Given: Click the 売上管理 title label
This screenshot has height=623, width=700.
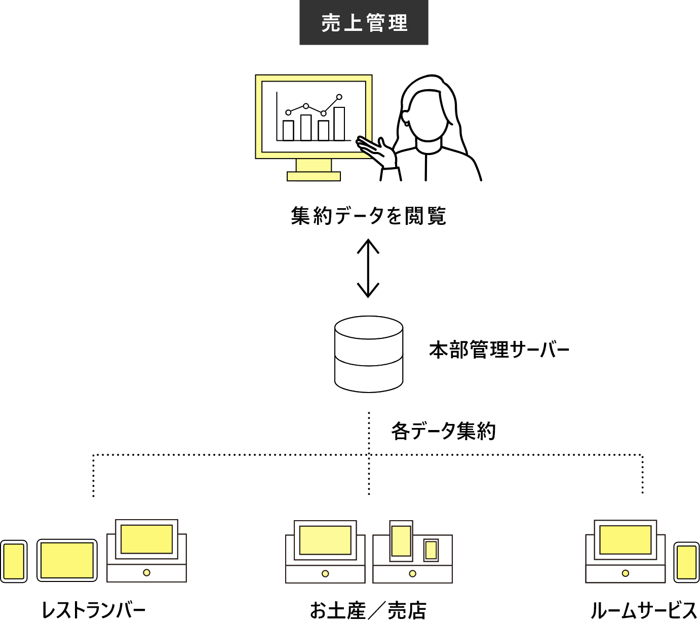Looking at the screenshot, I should pos(364,23).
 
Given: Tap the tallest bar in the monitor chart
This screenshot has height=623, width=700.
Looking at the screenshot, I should pos(339,124).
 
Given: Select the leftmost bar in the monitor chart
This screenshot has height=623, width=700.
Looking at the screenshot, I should pos(288,130).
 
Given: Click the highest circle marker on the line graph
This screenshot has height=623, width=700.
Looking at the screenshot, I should pos(339,97).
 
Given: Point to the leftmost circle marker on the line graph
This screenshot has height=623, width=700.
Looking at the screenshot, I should pos(288,112).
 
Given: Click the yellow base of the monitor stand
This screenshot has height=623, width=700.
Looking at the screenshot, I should pos(314,176).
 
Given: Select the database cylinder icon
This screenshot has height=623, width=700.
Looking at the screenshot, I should pos(369,355).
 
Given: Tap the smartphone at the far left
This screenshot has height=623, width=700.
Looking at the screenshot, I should pos(14,561).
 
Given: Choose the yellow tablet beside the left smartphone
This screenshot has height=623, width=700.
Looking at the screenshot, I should pos(67,560).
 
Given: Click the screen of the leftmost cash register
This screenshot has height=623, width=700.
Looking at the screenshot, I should pos(146,539).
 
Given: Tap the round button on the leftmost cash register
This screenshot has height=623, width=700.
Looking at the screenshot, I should pos(146,572).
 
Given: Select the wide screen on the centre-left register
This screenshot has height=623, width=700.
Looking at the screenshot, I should pos(325,540).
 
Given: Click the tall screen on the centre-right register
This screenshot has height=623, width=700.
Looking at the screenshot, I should pos(401,541).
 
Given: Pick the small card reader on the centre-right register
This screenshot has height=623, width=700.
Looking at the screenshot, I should pos(431,550).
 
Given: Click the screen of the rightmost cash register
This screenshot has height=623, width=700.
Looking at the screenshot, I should pos(625,539).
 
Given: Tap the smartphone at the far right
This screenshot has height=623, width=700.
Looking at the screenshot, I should pos(686,562).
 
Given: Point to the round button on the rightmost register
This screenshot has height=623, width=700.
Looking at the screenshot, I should pos(625,573).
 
